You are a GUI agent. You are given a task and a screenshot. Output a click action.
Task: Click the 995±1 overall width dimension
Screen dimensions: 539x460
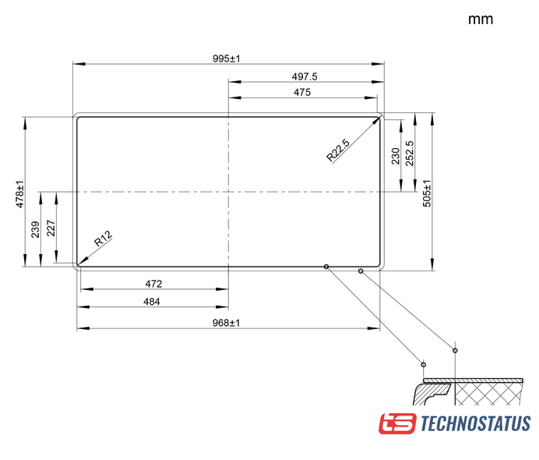[226, 58]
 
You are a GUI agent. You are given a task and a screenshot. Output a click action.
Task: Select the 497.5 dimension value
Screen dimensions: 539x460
[305, 76]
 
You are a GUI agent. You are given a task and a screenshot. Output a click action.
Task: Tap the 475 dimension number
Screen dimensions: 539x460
[302, 92]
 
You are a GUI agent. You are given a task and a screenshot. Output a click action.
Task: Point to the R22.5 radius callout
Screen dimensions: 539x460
[338, 150]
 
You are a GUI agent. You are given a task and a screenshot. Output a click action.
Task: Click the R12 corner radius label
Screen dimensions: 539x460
[103, 239]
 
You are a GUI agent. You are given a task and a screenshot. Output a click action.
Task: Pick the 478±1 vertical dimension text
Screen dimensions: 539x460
[20, 194]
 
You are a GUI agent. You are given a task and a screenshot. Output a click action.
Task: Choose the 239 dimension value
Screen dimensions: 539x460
[35, 229]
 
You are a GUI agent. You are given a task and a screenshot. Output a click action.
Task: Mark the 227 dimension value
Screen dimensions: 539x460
[51, 228]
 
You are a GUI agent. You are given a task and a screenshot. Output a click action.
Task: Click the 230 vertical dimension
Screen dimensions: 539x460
[396, 156]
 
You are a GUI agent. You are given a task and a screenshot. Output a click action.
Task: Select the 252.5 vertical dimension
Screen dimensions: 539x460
[410, 154]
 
